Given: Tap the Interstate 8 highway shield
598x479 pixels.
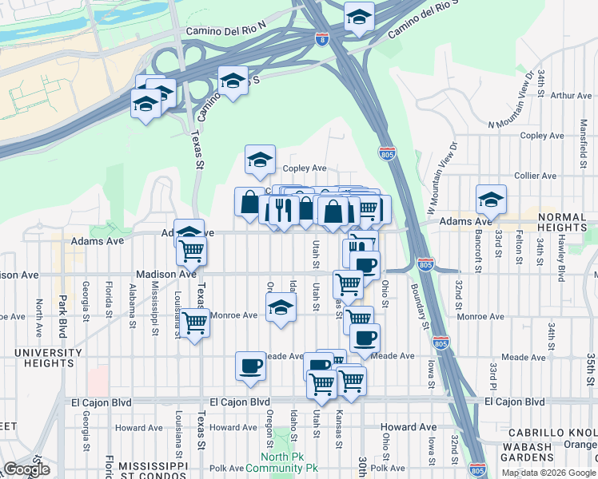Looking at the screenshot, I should click(321, 40).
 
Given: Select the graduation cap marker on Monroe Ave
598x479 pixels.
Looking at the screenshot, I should click(281, 307).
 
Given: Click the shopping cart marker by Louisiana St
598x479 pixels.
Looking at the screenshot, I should click(194, 324).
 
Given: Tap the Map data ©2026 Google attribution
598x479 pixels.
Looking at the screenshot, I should click(548, 473).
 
